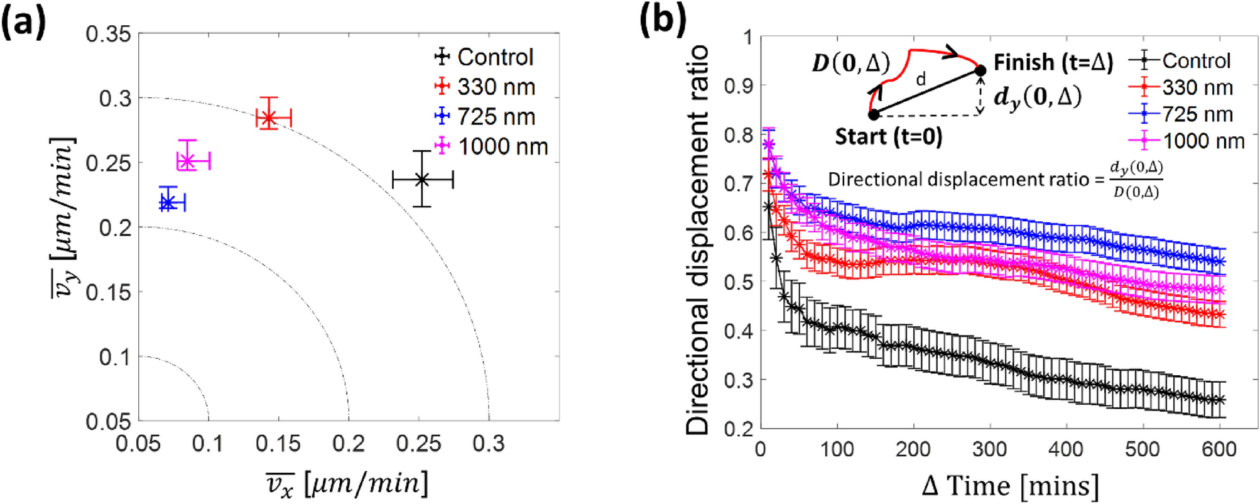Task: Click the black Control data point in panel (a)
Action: click(x=422, y=180)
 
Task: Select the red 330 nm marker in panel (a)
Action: click(x=269, y=118)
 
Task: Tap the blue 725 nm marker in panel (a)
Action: click(x=168, y=202)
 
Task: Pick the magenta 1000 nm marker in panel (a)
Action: click(x=187, y=161)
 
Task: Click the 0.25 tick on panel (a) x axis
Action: click(x=419, y=444)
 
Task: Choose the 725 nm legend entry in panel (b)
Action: click(x=1187, y=114)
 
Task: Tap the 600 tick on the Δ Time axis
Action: click(x=1218, y=449)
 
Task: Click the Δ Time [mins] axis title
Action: click(x=1011, y=486)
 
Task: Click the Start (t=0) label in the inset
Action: click(x=888, y=136)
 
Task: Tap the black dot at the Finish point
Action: click(x=980, y=70)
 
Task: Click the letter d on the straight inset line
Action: click(x=921, y=80)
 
